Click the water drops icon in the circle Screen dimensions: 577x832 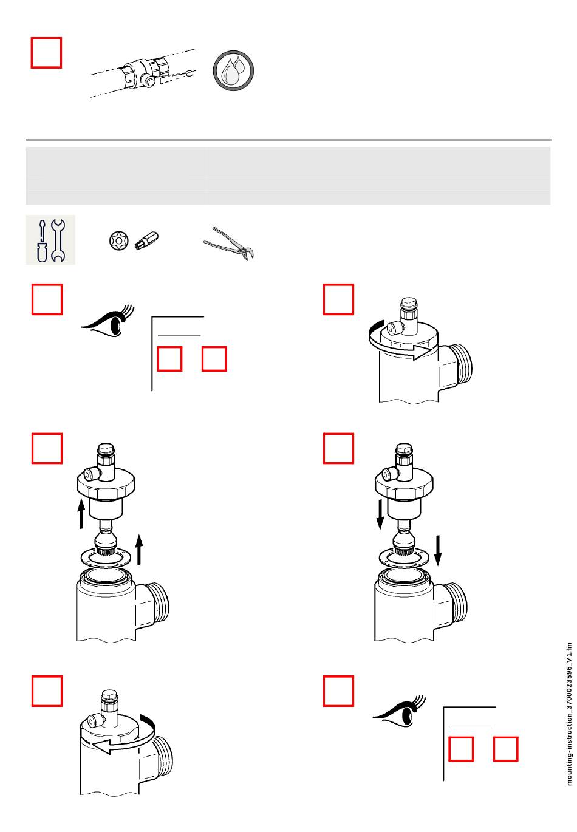tap(233, 70)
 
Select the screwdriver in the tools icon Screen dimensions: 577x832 tap(43, 240)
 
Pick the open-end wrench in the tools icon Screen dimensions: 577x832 tap(58, 240)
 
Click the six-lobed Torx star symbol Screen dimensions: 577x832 tap(119, 240)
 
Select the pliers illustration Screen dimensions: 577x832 tap(229, 244)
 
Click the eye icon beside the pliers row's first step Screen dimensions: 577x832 tap(108, 321)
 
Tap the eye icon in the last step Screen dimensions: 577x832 tap(400, 711)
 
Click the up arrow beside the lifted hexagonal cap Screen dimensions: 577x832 tap(81, 514)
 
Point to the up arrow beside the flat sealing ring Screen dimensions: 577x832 tap(139, 550)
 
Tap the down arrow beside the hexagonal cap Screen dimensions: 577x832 tap(380, 514)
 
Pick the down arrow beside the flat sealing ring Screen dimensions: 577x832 tap(438, 550)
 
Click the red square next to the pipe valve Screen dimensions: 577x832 tap(46, 52)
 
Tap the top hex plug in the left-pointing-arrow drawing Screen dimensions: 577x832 tap(109, 695)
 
